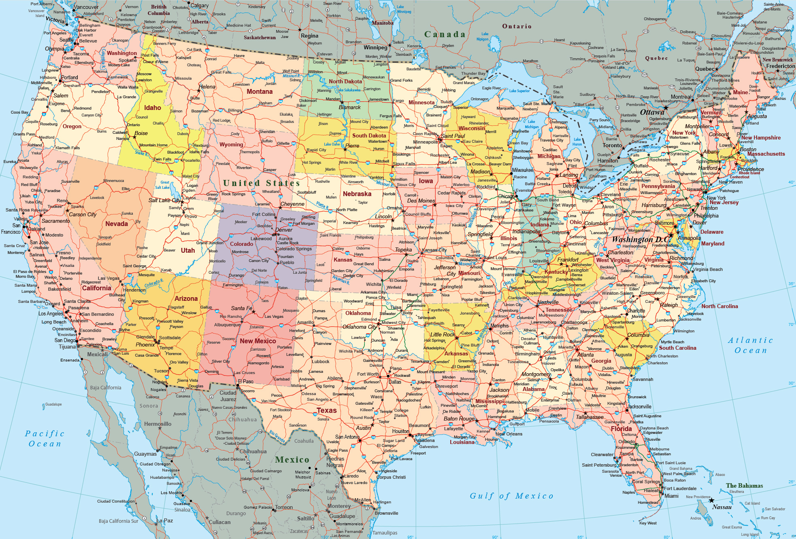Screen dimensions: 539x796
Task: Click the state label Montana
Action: [260, 92]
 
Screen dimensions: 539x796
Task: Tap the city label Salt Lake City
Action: [164, 200]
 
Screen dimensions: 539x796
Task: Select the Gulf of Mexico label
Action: [511, 496]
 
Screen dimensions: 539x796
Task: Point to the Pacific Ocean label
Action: [45, 439]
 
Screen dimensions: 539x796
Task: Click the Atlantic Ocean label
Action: [751, 345]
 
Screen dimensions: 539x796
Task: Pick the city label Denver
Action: [283, 230]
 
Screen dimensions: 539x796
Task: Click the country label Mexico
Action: [292, 460]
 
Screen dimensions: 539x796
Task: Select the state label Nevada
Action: [117, 224]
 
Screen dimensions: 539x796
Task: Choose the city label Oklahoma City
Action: [359, 327]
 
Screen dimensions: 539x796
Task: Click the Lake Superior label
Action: [519, 91]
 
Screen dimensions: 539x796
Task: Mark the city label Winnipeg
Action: [375, 48]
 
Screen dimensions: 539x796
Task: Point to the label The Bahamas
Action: [744, 486]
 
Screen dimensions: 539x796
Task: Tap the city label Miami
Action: [671, 496]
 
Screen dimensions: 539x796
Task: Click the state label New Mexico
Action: [258, 341]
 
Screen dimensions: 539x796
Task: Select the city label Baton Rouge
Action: [459, 419]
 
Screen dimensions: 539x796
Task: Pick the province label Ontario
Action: [517, 27]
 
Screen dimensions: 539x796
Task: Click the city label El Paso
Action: [245, 382]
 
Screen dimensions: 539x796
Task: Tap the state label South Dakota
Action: [369, 136]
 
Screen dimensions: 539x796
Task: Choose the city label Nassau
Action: [722, 507]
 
